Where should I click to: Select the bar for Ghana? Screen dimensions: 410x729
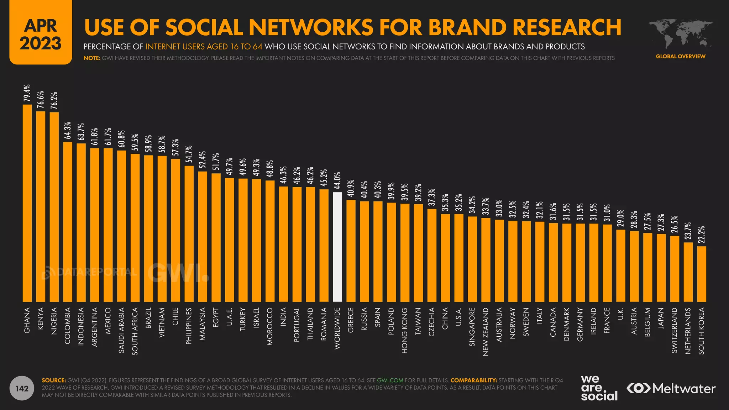pyautogui.click(x=27, y=203)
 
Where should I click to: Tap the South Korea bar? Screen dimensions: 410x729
pyautogui.click(x=702, y=274)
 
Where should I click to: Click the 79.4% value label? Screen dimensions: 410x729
pyautogui.click(x=27, y=93)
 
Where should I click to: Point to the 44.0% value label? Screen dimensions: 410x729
pyautogui.click(x=337, y=180)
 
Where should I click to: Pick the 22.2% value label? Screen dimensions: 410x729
pyautogui.click(x=702, y=235)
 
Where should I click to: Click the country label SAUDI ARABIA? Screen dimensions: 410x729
pyautogui.click(x=121, y=330)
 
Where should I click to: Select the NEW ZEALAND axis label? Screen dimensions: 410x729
pyautogui.click(x=486, y=332)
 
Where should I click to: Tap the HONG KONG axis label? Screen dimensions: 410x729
pyautogui.click(x=405, y=330)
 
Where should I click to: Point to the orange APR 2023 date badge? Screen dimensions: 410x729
pyautogui.click(x=41, y=34)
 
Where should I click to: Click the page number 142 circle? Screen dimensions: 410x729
pyautogui.click(x=22, y=388)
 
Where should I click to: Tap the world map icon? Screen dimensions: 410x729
pyautogui.click(x=680, y=34)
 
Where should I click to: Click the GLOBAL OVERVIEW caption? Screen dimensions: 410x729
pyautogui.click(x=681, y=56)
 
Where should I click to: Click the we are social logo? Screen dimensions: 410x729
pyautogui.click(x=599, y=388)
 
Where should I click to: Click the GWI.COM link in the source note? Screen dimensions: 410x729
pyautogui.click(x=390, y=380)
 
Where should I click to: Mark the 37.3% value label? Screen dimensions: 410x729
pyautogui.click(x=432, y=197)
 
